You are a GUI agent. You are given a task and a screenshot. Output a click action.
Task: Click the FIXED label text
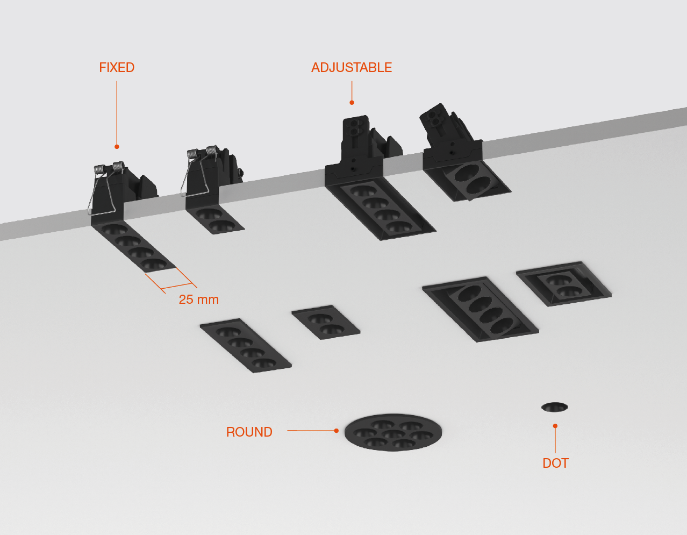click(117, 68)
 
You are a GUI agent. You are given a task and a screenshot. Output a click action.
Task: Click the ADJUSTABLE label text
click(352, 68)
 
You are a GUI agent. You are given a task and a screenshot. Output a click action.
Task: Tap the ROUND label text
click(249, 432)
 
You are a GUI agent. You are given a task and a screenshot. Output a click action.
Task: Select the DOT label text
click(555, 463)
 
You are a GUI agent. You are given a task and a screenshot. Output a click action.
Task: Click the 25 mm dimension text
click(198, 300)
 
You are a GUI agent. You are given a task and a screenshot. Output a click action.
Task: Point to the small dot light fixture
click(554, 407)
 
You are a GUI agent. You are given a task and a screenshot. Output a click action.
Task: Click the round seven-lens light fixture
click(393, 432)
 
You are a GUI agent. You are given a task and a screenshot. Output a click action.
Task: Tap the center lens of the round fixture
click(393, 433)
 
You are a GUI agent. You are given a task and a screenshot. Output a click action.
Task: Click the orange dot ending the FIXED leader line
click(117, 147)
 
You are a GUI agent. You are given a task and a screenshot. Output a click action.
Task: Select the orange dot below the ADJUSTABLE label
click(352, 102)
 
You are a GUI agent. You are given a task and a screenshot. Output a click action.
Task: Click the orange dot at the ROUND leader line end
click(336, 431)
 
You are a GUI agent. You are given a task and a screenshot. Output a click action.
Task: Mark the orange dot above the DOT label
click(555, 426)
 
